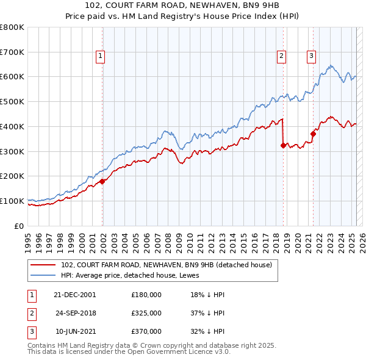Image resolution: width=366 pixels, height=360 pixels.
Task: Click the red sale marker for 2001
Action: (102, 181)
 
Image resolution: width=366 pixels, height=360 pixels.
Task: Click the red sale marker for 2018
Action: (283, 145)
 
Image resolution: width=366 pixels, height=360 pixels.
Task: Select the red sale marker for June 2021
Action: (313, 134)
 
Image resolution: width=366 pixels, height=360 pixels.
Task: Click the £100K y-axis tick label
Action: (12, 201)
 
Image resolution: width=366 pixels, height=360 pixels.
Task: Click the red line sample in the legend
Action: (43, 264)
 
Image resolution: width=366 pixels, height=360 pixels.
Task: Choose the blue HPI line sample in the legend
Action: (43, 275)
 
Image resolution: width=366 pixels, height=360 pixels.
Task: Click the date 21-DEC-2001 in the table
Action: (74, 295)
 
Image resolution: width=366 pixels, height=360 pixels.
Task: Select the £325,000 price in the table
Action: (146, 313)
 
